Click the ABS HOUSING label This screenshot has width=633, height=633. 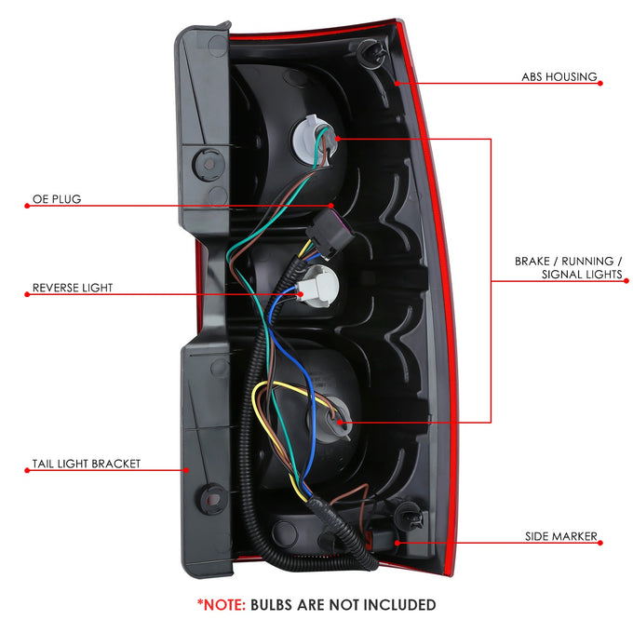559,76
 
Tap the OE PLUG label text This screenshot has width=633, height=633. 57,199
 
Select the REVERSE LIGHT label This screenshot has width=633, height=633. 73,288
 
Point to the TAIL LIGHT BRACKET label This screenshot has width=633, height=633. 87,464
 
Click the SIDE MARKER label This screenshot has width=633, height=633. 560,536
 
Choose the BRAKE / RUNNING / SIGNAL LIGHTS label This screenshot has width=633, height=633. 569,268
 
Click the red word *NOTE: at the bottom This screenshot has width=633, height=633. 222,605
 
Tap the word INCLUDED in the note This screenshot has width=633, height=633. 399,605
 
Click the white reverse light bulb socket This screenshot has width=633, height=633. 318,285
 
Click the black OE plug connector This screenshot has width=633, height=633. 330,235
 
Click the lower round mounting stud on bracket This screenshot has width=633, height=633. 212,499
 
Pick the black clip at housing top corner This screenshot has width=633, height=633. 371,52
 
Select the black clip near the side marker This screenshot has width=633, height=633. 409,516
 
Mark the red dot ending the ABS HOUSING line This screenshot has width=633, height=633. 600,83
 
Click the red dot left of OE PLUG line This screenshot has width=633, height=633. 27,206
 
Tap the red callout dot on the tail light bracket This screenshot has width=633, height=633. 186,470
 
